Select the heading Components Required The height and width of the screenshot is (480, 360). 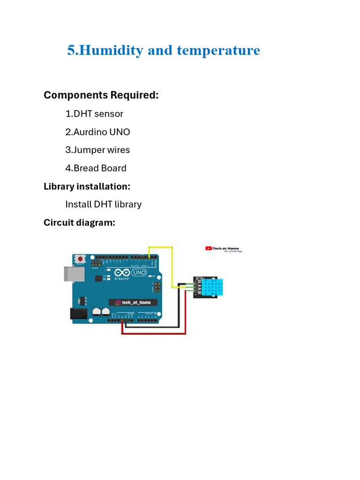pyautogui.click(x=101, y=95)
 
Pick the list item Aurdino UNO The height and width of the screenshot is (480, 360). pyautogui.click(x=97, y=132)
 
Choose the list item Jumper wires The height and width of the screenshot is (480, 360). pyautogui.click(x=97, y=150)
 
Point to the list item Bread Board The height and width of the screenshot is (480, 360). pyautogui.click(x=96, y=168)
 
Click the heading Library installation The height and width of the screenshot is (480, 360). pyautogui.click(x=87, y=186)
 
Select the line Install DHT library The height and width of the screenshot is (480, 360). pyautogui.click(x=103, y=204)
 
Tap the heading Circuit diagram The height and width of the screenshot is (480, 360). pyautogui.click(x=79, y=223)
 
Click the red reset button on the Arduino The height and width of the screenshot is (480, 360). pyautogui.click(x=81, y=259)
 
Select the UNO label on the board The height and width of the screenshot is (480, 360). pyautogui.click(x=139, y=272)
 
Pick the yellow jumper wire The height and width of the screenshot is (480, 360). pyautogui.click(x=172, y=262)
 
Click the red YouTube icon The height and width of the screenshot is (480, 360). pyautogui.click(x=209, y=248)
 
